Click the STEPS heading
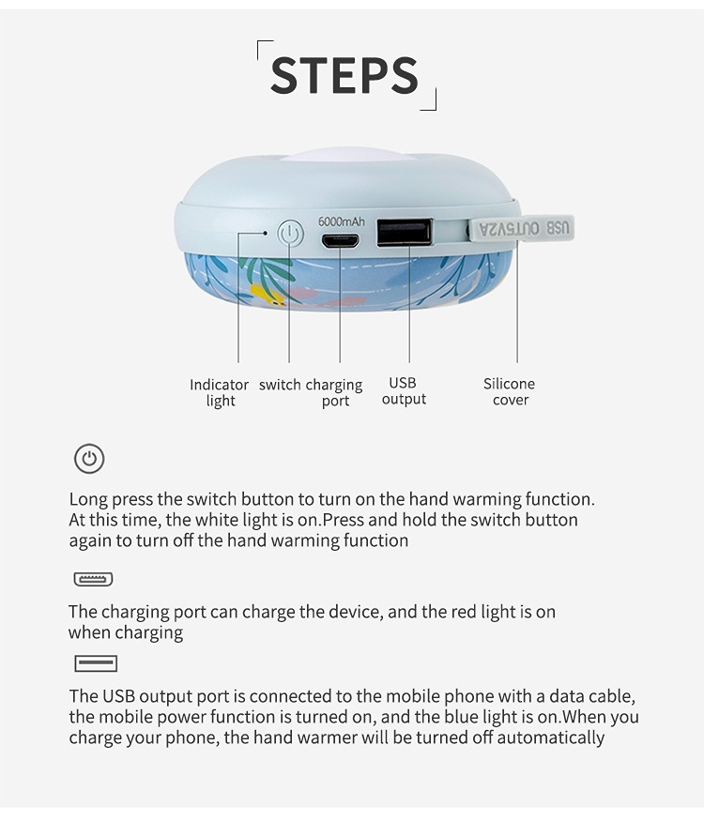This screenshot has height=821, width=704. pos(344,75)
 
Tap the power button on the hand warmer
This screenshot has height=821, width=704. pos(290,233)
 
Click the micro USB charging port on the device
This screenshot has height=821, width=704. pos(340,241)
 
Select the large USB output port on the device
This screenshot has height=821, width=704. pos(405,232)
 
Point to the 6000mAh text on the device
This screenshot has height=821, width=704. pos(342,221)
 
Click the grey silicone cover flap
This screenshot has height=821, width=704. pos(521,229)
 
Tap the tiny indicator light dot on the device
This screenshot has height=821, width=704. pos(266,233)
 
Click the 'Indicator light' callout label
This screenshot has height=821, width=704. pos(219,393)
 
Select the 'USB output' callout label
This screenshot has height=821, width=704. pos(404,390)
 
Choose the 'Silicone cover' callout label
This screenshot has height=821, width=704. pos(509,391)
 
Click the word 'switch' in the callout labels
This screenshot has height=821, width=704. pos(280,385)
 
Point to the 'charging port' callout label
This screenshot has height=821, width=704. pos(334,393)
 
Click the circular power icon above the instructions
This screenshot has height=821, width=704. pos(89,459)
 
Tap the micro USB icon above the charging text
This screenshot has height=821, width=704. pos(93,579)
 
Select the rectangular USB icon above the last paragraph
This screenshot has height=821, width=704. pos(96,663)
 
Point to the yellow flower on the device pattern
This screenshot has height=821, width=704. pos(265,295)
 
